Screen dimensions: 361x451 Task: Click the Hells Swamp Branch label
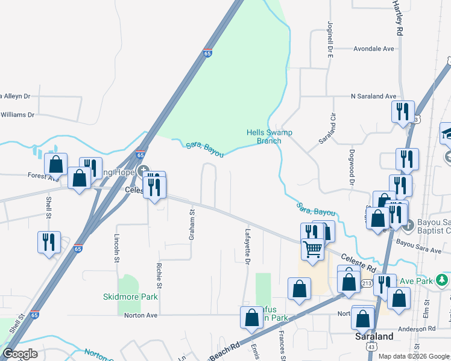(264, 137)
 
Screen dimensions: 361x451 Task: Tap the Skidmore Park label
(130, 297)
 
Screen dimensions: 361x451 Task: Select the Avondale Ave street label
(373, 49)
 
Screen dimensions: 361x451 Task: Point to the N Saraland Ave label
(374, 96)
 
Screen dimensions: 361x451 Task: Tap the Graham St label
(192, 225)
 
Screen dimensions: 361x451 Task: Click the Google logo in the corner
(20, 354)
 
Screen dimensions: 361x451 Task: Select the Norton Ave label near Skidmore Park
(140, 315)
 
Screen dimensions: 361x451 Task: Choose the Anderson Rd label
(429, 329)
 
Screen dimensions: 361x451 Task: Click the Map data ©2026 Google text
(414, 356)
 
